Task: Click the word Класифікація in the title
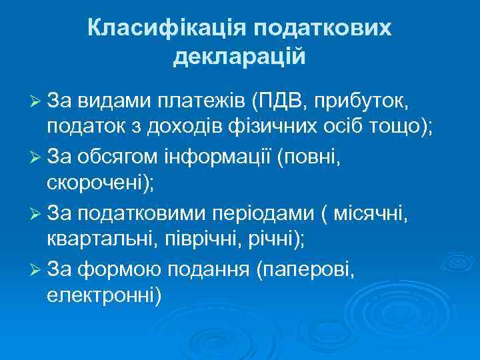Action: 166,29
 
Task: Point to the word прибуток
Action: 366,100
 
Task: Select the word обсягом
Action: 117,157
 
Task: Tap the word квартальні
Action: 99,241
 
